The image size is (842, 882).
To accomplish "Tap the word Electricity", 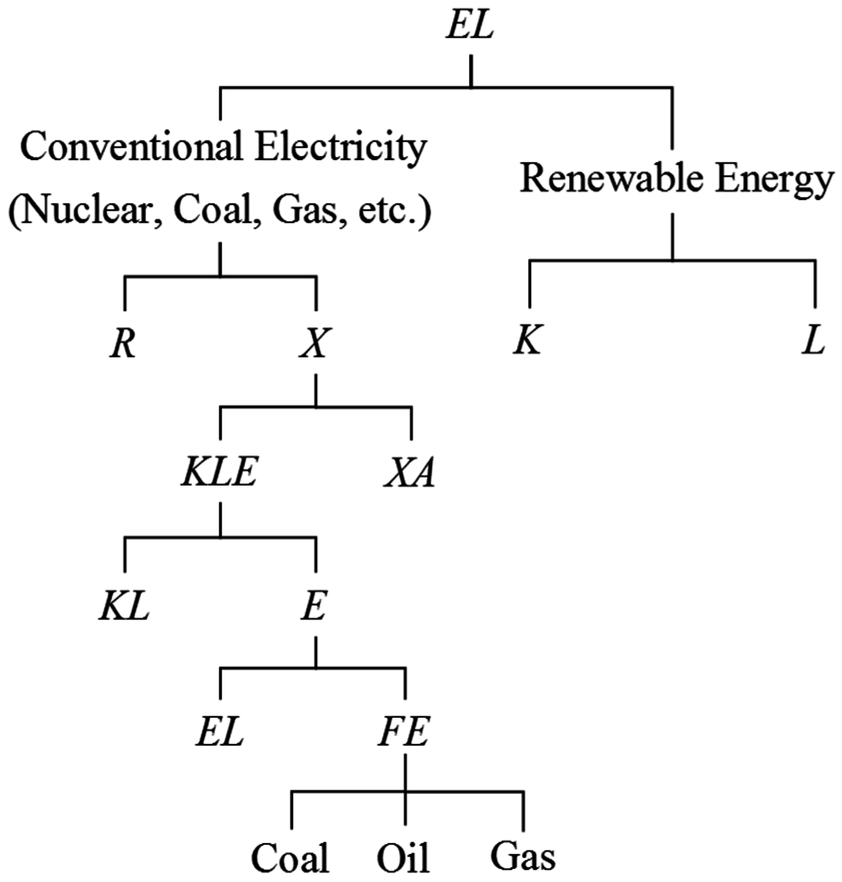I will tap(340, 148).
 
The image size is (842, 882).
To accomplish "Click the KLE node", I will tap(220, 474).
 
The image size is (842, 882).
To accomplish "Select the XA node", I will tap(410, 474).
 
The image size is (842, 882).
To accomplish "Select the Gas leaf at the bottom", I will tap(523, 857).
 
